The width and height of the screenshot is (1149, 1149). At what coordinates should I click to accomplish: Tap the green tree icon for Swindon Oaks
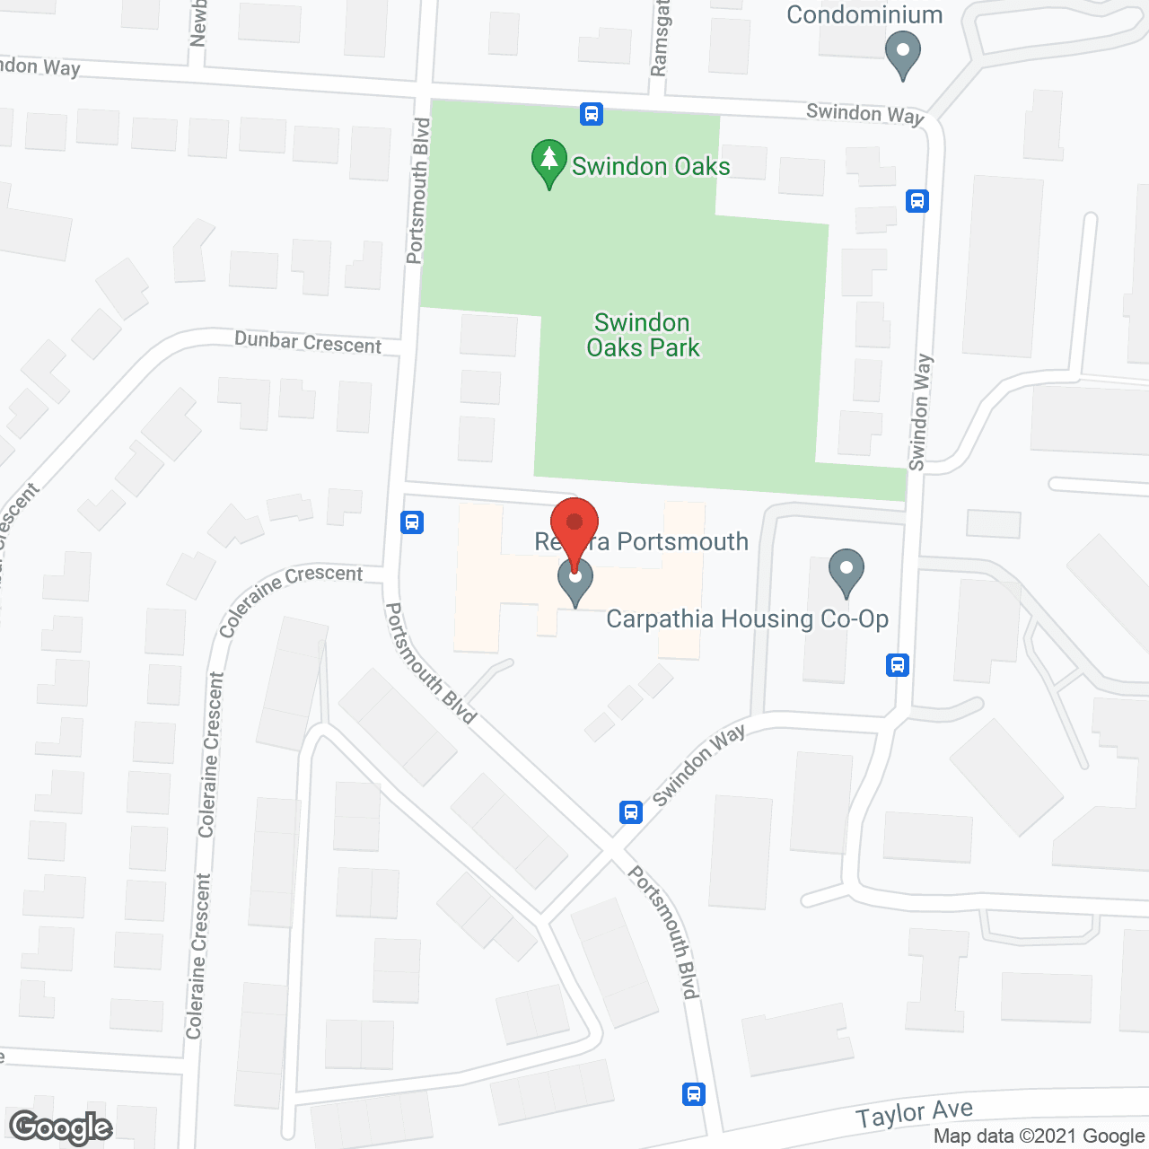tap(548, 163)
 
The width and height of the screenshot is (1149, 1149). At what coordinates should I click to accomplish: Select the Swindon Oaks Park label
tap(643, 335)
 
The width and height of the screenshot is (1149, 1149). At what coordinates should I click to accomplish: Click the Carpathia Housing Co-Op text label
tap(747, 619)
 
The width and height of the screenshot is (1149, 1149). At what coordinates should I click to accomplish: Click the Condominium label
tap(864, 15)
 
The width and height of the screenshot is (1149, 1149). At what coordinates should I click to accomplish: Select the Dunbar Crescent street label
tap(308, 342)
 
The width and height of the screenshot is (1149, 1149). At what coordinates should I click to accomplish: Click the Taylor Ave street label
tap(914, 1114)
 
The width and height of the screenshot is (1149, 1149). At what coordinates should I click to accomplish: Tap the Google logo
tap(60, 1127)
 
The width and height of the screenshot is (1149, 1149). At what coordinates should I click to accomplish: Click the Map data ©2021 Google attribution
tap(1039, 1136)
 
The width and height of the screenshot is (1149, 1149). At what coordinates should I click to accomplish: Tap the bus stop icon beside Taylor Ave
tap(693, 1094)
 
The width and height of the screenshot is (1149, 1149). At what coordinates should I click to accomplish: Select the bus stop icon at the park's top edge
tap(591, 114)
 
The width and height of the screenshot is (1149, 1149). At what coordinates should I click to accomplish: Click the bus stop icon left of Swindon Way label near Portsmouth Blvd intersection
tap(631, 812)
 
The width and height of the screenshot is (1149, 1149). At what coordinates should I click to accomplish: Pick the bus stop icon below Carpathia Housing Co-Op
tap(898, 665)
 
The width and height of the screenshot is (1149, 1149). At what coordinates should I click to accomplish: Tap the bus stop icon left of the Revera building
tap(412, 522)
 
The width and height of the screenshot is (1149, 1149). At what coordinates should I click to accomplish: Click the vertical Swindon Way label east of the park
tap(920, 412)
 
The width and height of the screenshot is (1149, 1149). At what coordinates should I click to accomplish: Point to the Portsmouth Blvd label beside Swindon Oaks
tap(418, 190)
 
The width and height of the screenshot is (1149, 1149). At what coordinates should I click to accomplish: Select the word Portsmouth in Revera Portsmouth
tap(682, 541)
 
